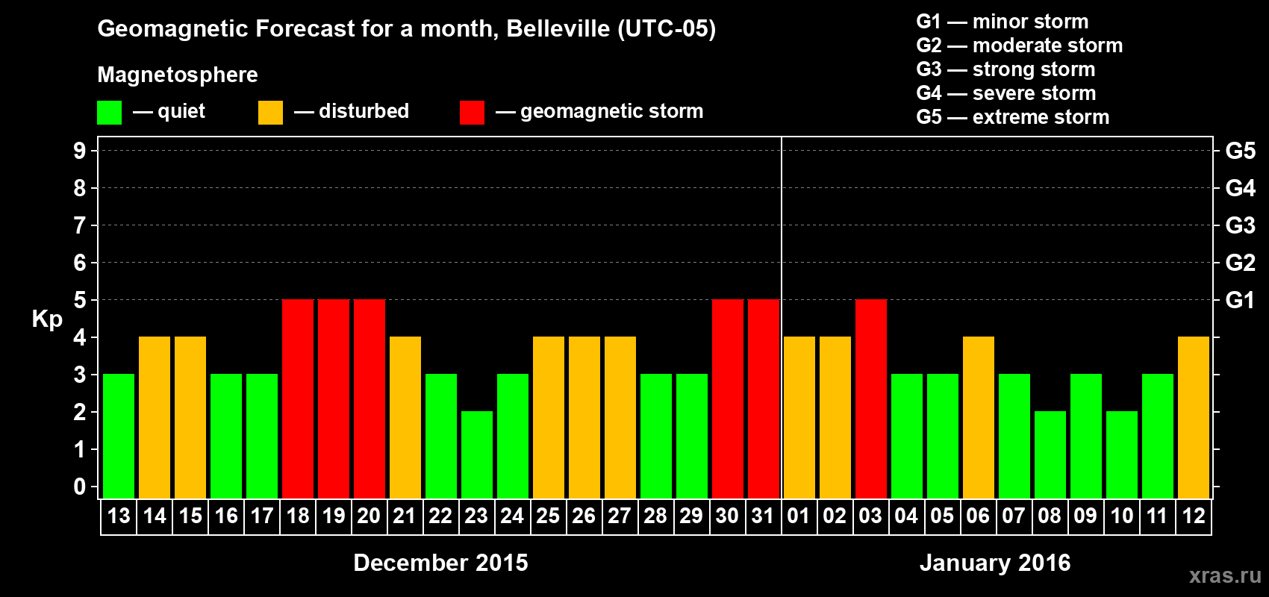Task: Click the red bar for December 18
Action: point(298,398)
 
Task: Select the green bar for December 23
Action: point(477,454)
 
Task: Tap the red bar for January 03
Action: point(871,398)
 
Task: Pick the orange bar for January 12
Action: point(1194,417)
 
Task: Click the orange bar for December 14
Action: point(155,417)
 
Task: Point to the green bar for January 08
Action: point(1050,454)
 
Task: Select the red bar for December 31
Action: point(764,398)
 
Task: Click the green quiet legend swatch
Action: point(110,113)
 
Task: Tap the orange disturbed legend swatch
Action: point(270,113)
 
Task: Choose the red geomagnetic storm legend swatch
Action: point(472,113)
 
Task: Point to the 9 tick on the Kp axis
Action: point(80,151)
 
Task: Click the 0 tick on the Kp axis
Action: point(80,487)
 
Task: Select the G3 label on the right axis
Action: point(1240,225)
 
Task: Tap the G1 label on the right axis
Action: point(1240,300)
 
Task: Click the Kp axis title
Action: point(47,319)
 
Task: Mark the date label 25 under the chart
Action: point(548,516)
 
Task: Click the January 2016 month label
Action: point(995,563)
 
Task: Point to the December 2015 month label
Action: point(440,563)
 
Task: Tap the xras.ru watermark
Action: point(1225,575)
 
